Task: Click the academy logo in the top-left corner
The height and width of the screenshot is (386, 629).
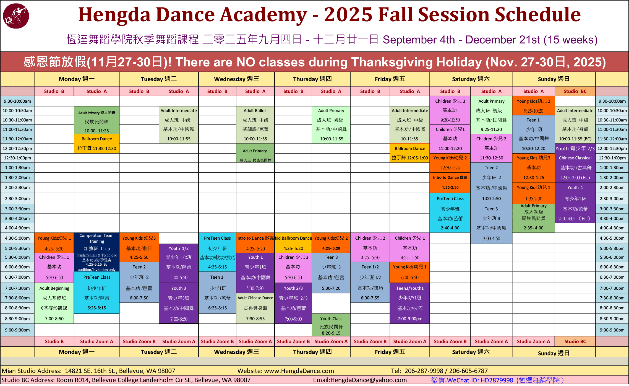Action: click(x=16, y=16)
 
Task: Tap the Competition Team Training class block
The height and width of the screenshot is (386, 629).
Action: click(x=96, y=252)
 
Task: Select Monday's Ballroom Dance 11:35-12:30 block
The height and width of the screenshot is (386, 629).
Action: click(x=96, y=144)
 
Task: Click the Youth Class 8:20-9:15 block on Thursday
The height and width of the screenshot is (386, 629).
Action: click(x=331, y=325)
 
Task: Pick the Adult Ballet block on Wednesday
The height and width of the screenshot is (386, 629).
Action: click(x=255, y=125)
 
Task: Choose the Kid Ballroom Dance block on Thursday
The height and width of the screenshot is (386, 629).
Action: click(x=293, y=243)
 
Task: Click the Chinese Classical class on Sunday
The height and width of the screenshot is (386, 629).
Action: click(x=575, y=168)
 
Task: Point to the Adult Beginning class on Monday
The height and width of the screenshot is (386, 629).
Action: click(x=54, y=303)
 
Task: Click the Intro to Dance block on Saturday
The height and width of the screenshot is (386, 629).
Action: click(x=450, y=183)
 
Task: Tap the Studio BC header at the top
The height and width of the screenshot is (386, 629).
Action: click(x=575, y=91)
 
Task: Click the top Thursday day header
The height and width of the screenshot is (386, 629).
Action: click(x=312, y=79)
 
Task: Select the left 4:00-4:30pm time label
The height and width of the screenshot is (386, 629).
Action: click(x=17, y=228)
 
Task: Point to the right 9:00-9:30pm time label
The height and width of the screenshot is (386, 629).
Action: click(x=612, y=330)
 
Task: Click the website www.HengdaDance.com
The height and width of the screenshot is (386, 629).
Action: click(x=299, y=371)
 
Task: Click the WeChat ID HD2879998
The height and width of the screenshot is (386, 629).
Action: click(x=497, y=380)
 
